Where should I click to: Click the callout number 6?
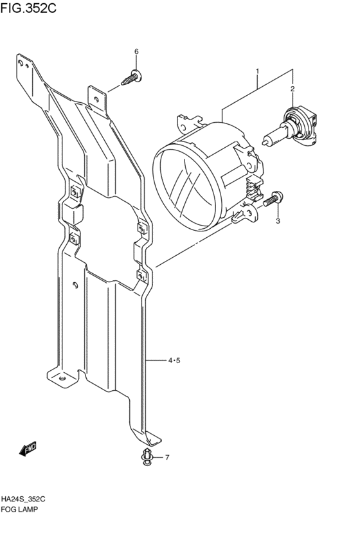(x=136, y=51)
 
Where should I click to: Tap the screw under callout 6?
(x=132, y=77)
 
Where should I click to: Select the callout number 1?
(x=257, y=71)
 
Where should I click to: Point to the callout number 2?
(x=292, y=89)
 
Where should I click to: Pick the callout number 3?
(x=278, y=221)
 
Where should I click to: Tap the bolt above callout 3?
(x=273, y=199)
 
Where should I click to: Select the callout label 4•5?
(x=174, y=361)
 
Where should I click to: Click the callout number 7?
(x=167, y=458)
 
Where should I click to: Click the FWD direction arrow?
(x=28, y=449)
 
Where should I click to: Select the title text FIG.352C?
(x=28, y=8)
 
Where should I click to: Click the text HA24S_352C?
(x=23, y=499)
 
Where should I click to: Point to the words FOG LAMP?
(x=19, y=509)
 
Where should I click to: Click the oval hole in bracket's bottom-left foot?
(x=62, y=379)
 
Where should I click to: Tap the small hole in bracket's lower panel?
(x=75, y=285)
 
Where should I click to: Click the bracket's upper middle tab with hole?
(x=96, y=99)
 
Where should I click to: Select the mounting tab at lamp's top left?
(x=189, y=123)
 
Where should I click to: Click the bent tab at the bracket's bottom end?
(x=154, y=438)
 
